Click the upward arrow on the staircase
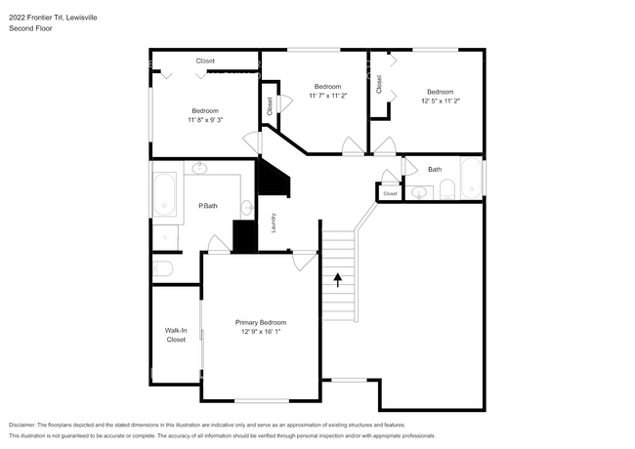pyautogui.click(x=338, y=280)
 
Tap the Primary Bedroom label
pyautogui.click(x=261, y=322)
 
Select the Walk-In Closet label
pyautogui.click(x=176, y=335)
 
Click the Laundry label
pyautogui.click(x=274, y=223)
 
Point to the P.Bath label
pyautogui.click(x=208, y=206)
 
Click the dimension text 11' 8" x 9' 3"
pyautogui.click(x=205, y=120)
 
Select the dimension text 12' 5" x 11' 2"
pyautogui.click(x=441, y=101)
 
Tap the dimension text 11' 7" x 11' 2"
pyautogui.click(x=328, y=96)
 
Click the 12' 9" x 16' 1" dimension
pyautogui.click(x=261, y=331)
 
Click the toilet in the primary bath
pyautogui.click(x=163, y=268)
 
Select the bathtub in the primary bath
pyautogui.click(x=164, y=195)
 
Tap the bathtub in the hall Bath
pyautogui.click(x=471, y=178)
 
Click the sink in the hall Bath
pyautogui.click(x=419, y=192)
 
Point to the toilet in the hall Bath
pyautogui.click(x=447, y=189)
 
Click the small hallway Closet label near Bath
pyautogui.click(x=390, y=194)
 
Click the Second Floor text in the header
pyautogui.click(x=30, y=28)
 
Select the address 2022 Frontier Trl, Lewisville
pyautogui.click(x=53, y=18)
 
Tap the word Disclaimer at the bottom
pyautogui.click(x=22, y=425)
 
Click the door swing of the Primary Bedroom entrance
pyautogui.click(x=305, y=262)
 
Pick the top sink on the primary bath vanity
pyautogui.click(x=199, y=168)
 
